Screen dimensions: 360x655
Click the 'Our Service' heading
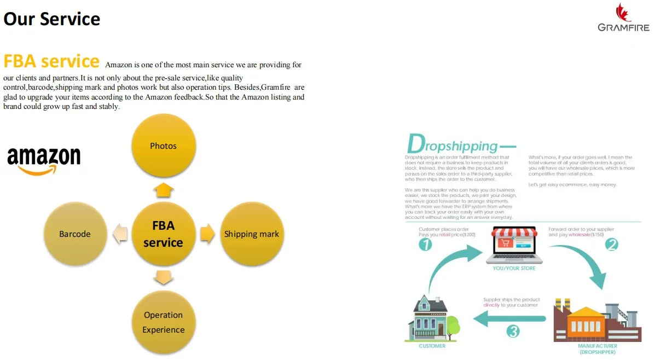point(52,19)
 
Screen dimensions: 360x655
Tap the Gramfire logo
point(623,19)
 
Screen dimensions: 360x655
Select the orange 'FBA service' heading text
point(51,61)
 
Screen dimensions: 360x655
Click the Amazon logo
point(44,160)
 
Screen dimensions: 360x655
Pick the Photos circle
point(163,146)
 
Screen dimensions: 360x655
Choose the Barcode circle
point(75,234)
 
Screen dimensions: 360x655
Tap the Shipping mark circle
point(252,234)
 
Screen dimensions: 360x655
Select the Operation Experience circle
point(163,322)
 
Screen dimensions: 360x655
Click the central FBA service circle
point(163,234)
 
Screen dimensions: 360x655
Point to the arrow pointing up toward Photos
point(163,190)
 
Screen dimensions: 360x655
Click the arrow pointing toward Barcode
point(120,234)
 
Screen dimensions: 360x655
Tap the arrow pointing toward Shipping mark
point(207,234)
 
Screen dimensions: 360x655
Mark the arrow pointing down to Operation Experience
point(163,278)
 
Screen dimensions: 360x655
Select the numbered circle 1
point(425,245)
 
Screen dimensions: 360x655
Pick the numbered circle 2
point(611,245)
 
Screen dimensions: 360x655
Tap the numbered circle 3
point(513,331)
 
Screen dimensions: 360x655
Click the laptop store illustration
point(514,245)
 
